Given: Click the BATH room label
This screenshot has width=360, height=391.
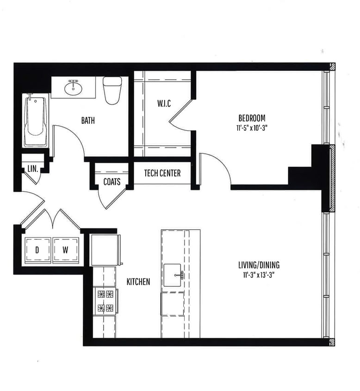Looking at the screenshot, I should point(88,120).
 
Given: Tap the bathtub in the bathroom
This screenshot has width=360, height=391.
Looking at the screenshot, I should point(36,120).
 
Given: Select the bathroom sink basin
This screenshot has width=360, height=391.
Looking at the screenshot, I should point(73,88).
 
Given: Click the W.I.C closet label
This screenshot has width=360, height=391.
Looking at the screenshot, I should point(164,103).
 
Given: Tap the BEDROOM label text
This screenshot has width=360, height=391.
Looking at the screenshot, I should point(252,118).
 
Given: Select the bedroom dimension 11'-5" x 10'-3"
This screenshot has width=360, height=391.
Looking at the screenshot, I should point(252,127).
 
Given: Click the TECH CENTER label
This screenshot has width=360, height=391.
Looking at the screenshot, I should point(162,173).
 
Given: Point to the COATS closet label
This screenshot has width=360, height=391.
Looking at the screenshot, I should point(112,182).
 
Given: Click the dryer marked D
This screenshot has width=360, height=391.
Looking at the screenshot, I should point(37,250).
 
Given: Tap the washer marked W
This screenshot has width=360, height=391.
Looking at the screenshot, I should point(66,250).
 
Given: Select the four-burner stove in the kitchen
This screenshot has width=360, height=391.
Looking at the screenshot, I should point(105,301).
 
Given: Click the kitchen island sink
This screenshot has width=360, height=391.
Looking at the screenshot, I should point(174,275).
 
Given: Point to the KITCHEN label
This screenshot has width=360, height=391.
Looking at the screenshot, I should point(138,282).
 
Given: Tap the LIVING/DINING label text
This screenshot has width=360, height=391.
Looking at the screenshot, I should point(259,265).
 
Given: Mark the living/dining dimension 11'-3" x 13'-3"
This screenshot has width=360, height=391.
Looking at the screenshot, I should point(259,275).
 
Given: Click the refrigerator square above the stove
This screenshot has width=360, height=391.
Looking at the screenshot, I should point(105,250).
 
